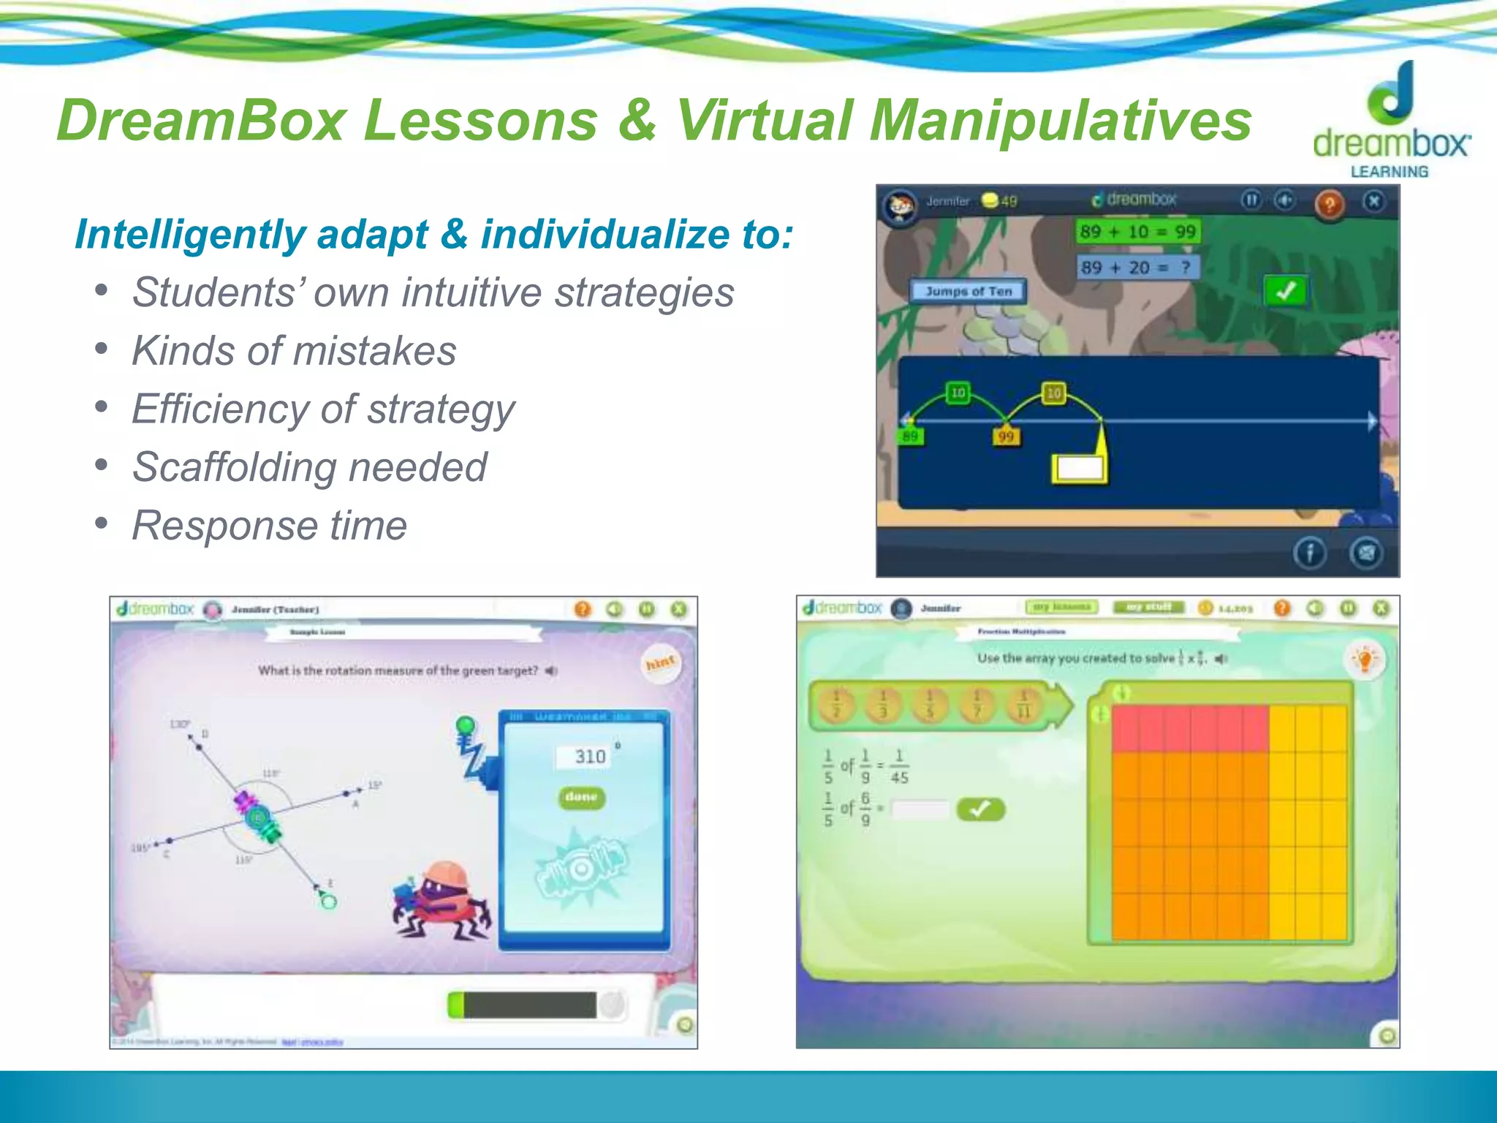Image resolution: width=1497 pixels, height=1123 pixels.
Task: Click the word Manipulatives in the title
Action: point(1060,121)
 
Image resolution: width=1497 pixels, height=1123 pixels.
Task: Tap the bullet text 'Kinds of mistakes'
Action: point(294,351)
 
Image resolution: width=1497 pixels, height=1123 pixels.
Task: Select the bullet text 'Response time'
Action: point(269,526)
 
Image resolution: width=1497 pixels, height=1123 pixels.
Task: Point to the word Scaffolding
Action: point(232,467)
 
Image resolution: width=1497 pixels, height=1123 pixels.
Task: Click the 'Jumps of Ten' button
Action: point(968,291)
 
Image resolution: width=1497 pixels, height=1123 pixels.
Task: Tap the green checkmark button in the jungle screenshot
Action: point(1285,291)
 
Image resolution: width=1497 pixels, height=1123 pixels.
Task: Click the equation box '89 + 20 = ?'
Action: point(1137,268)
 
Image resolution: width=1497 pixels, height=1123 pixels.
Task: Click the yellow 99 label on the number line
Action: point(1006,436)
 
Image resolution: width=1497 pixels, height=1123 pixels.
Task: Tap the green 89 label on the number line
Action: point(910,436)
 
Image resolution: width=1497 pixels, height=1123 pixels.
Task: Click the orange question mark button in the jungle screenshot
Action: point(1329,204)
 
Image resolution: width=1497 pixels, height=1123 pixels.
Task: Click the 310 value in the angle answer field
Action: point(589,757)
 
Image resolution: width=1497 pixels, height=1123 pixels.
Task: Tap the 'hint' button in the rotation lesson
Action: point(660,663)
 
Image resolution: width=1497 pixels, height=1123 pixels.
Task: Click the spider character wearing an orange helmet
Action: point(441,901)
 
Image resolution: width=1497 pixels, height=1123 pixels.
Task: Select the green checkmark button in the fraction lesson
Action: point(980,809)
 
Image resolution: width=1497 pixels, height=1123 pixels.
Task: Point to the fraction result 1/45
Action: point(899,767)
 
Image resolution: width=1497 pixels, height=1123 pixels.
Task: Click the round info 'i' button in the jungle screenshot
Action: point(1309,553)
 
